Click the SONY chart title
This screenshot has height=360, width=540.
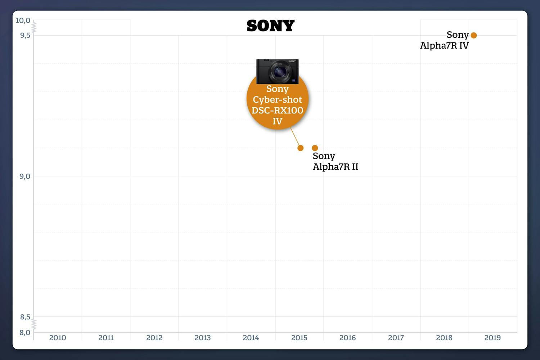pos(270,26)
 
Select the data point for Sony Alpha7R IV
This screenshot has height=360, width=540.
pos(474,35)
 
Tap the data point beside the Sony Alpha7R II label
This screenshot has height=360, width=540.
pos(315,148)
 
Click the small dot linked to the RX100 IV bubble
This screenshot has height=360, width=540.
pos(301,148)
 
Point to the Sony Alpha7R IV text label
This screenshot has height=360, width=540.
pos(445,40)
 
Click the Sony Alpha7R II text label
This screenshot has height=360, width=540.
pos(335,161)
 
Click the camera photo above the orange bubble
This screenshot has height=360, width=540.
pos(277,71)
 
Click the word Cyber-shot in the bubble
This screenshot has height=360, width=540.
pos(277,99)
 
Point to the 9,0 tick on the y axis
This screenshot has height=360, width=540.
pos(25,176)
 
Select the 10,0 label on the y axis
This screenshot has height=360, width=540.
pos(23,21)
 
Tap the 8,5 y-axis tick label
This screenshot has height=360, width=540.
pos(25,317)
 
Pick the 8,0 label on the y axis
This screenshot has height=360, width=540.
pos(25,333)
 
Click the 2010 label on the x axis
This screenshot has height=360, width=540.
pos(58,338)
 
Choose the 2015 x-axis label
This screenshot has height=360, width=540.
pos(299,338)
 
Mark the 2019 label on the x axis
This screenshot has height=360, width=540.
pos(492,338)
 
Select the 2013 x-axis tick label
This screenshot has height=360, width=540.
pos(203,338)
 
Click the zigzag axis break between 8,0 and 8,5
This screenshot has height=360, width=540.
pos(34,324)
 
